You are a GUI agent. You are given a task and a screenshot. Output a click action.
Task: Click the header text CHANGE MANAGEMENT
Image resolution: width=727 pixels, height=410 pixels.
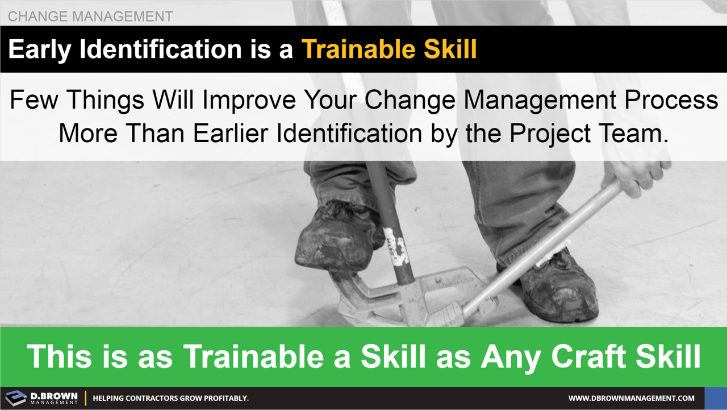point(90,16)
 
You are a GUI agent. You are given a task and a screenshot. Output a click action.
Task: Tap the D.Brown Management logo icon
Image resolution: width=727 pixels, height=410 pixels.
point(16,398)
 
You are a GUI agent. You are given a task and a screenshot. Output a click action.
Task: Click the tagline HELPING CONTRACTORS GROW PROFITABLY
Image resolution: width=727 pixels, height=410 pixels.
point(170,399)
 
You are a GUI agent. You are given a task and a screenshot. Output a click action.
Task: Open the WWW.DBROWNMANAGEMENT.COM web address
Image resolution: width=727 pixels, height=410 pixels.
point(631,399)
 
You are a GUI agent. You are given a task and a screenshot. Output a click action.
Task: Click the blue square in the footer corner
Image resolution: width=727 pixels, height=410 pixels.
point(716,399)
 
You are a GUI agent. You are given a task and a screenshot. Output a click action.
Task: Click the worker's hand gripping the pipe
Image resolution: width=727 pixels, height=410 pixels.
point(636,173)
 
